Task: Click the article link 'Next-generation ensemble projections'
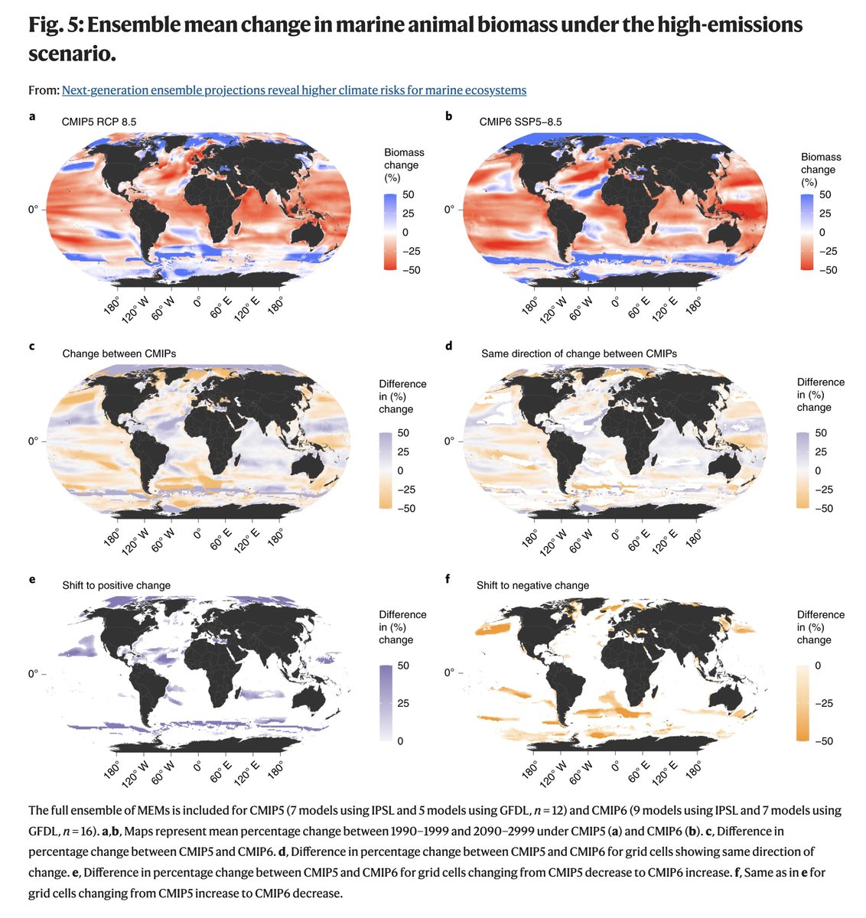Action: pos(294,90)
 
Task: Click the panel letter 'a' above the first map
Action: pos(32,116)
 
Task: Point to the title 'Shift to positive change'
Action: pos(116,585)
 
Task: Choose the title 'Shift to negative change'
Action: pos(532,585)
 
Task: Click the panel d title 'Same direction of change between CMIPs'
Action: pos(579,353)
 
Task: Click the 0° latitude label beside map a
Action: pos(34,209)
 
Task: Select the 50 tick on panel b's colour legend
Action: pos(825,195)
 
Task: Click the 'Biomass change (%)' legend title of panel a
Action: pos(403,164)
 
